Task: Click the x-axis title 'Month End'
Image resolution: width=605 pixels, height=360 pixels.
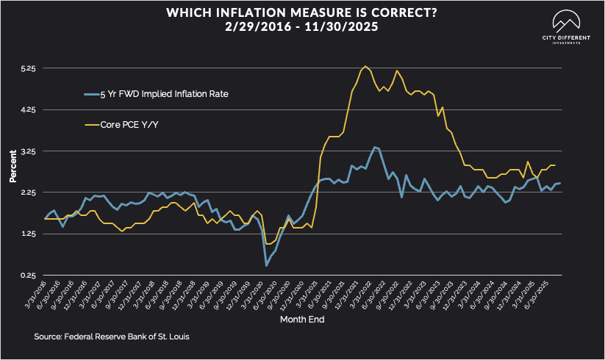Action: [x=302, y=320]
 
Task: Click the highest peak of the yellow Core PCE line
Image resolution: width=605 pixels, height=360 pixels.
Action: [x=366, y=66]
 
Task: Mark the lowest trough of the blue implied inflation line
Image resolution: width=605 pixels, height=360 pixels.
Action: [x=266, y=265]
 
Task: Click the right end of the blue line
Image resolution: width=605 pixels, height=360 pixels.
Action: [x=561, y=183]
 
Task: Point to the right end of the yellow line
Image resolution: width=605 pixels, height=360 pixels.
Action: [x=554, y=165]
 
